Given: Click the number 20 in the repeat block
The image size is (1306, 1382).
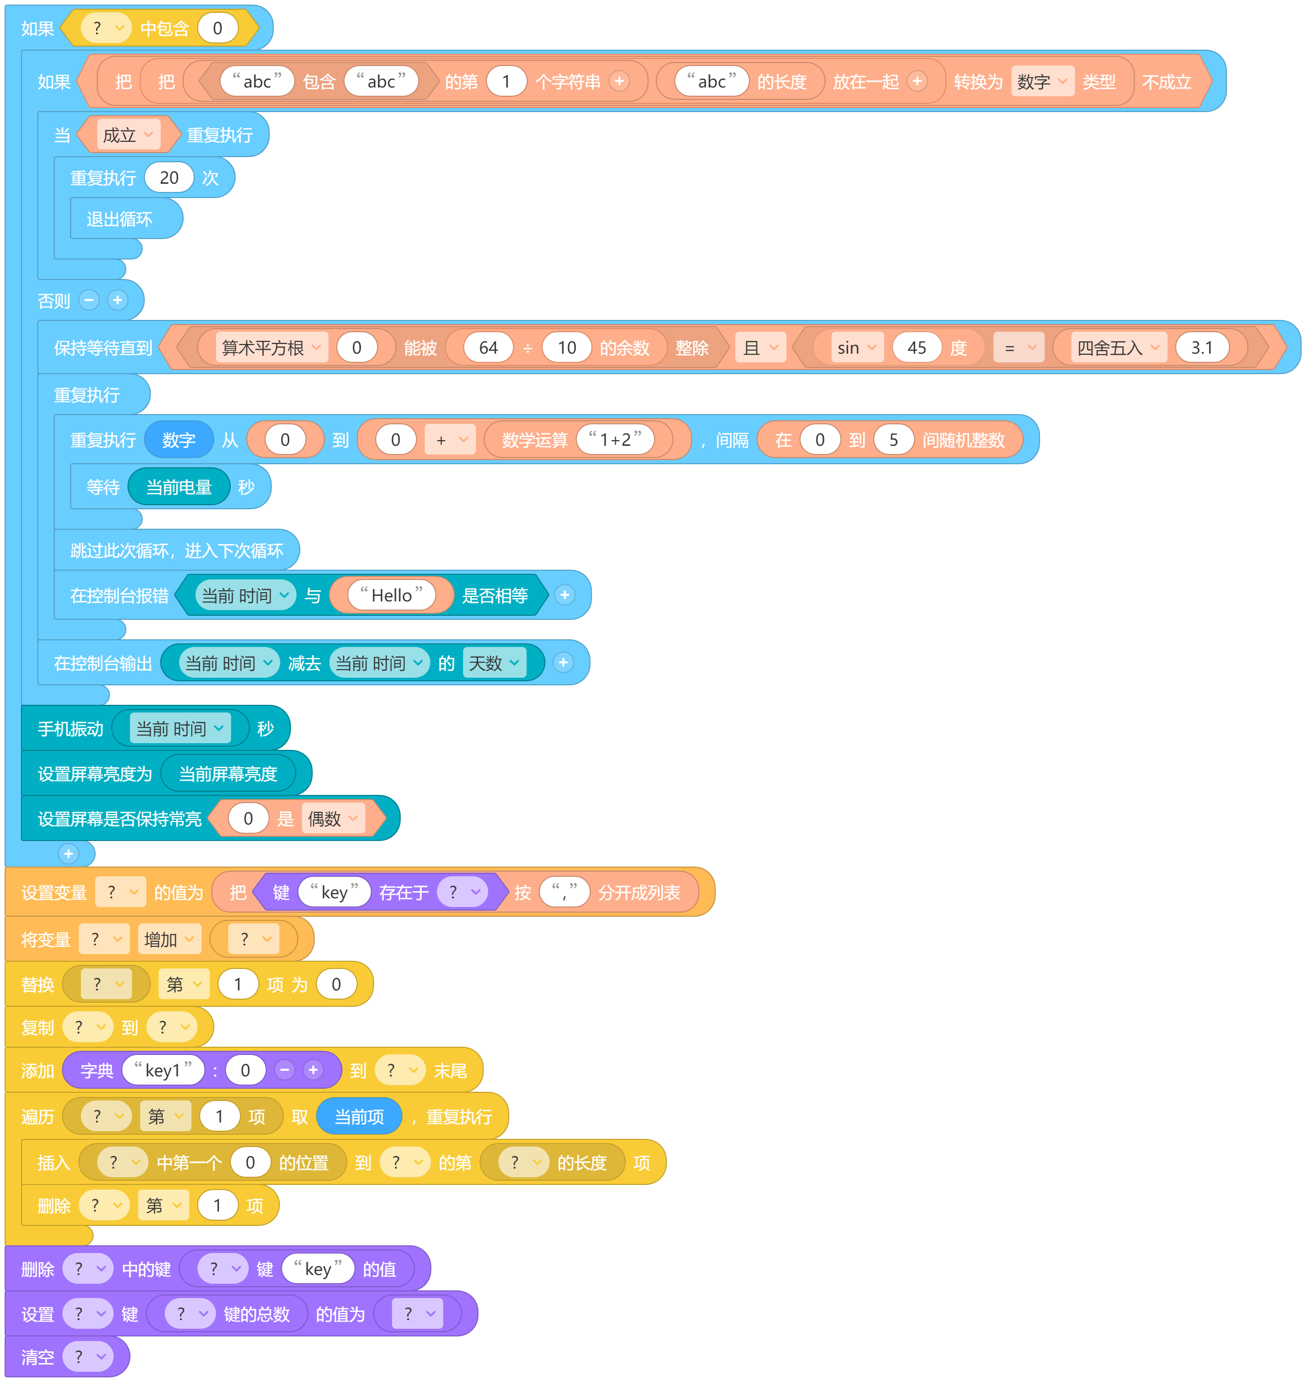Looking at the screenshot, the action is (169, 178).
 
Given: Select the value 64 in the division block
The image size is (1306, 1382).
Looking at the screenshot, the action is (488, 348).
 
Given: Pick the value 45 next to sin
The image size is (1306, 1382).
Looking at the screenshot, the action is (917, 348).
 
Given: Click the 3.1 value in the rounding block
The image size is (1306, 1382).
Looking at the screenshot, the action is (1202, 348).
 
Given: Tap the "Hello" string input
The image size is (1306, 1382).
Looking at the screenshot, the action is (391, 595).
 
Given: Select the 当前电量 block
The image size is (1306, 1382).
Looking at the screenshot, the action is (179, 487).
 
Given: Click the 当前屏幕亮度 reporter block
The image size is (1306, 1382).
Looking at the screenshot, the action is (228, 773).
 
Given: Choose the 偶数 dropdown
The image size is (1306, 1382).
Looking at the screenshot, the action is (333, 819).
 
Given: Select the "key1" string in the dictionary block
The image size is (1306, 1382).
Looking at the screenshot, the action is (163, 1070).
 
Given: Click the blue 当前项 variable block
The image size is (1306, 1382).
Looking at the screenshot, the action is (359, 1117).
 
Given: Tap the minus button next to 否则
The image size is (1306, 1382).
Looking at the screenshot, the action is (89, 300).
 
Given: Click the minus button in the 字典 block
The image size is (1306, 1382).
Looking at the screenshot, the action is (284, 1070).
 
